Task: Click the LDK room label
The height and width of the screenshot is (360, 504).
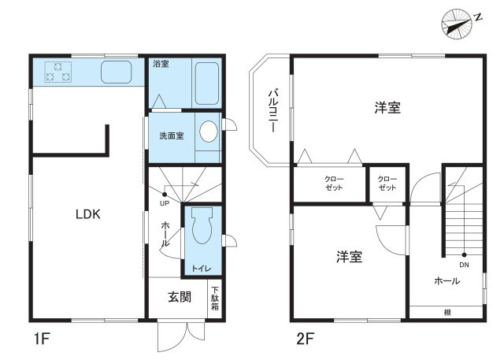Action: tap(87, 214)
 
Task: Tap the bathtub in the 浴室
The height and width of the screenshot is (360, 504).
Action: tap(207, 84)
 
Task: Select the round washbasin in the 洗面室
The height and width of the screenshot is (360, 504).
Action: tap(209, 132)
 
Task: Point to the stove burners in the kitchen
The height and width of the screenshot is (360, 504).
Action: tap(57, 72)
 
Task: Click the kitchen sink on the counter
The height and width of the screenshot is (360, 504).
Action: tap(117, 72)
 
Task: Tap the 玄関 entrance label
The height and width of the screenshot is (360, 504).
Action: tap(180, 297)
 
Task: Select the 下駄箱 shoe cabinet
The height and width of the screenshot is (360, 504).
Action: tap(215, 299)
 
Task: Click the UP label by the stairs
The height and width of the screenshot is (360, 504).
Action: tap(165, 203)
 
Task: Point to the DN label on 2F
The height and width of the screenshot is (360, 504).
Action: tap(464, 265)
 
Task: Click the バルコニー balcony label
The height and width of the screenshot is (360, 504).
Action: tap(273, 110)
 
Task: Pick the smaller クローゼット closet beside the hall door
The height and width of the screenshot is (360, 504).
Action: tap(387, 184)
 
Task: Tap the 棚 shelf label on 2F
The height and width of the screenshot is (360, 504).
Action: tap(447, 313)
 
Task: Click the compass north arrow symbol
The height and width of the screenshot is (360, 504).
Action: tap(457, 24)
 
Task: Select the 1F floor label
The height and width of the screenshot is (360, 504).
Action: tap(42, 339)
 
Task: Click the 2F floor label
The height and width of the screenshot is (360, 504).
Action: tap(306, 339)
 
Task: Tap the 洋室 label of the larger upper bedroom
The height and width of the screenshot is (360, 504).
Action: tap(387, 108)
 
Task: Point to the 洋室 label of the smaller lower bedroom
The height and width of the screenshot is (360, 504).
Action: tap(350, 257)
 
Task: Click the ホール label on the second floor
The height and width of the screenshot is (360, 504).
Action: tap(447, 281)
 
